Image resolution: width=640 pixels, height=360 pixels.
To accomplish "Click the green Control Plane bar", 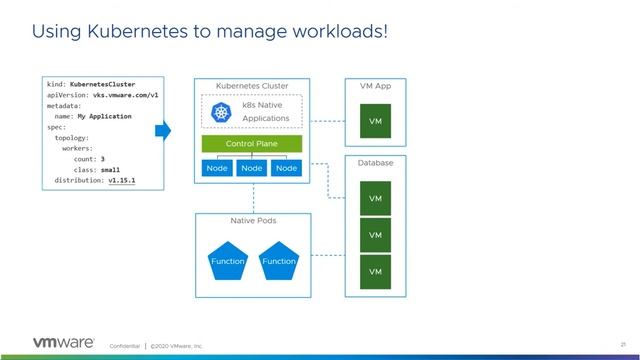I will (251, 144).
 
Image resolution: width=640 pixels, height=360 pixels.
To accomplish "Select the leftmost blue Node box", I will (217, 168).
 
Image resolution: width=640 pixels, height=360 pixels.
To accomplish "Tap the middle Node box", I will (252, 168).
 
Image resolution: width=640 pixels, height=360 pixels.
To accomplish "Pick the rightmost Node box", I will (287, 168).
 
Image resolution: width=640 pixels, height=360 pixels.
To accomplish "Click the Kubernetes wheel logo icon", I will (222, 112).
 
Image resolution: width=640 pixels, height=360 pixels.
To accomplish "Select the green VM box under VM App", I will (375, 121).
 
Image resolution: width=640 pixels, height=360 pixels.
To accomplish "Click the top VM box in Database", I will (375, 198).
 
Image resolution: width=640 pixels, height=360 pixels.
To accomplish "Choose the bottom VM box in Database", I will (375, 271).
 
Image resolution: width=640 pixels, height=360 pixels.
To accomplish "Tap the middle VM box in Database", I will (375, 235).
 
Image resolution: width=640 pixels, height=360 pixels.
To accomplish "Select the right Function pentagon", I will (279, 260).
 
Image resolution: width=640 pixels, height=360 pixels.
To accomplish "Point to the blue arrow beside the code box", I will (162, 130).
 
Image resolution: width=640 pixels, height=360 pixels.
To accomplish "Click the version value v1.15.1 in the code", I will (123, 181).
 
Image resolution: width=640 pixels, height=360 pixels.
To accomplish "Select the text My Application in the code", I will (105, 115).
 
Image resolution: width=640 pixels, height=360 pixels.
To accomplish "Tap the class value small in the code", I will (111, 169).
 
